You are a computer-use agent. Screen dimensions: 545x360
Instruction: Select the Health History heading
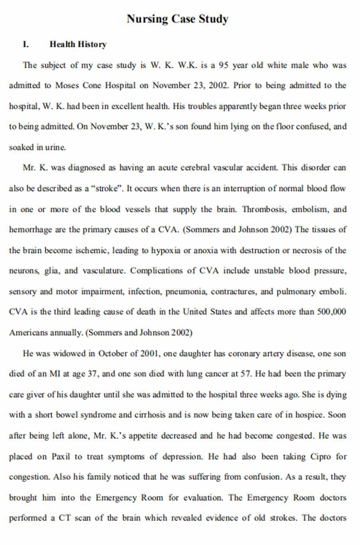[78, 44]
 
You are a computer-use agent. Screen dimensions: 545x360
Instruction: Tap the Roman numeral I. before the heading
[26, 44]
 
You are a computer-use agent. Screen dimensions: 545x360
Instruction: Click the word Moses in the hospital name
[67, 86]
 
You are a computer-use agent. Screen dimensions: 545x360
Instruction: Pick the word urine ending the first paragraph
[55, 147]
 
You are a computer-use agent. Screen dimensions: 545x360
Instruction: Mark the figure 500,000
[332, 312]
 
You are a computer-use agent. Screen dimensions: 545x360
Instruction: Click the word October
[113, 353]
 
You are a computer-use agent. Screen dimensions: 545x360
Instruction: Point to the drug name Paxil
[61, 456]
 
